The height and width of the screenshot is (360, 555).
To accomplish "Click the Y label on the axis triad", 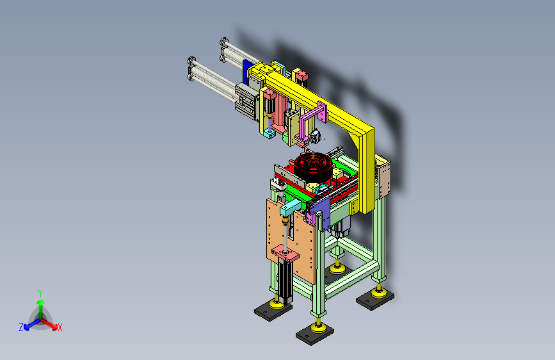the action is click(40, 293).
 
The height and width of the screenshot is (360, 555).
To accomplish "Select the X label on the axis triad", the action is click(60, 327).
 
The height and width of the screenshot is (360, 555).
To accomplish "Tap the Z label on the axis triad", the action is click(21, 327).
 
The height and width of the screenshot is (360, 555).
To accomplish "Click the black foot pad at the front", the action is click(315, 334).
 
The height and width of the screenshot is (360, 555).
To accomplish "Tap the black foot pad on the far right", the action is click(375, 299).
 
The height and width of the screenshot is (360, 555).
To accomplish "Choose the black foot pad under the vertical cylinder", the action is click(273, 310).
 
